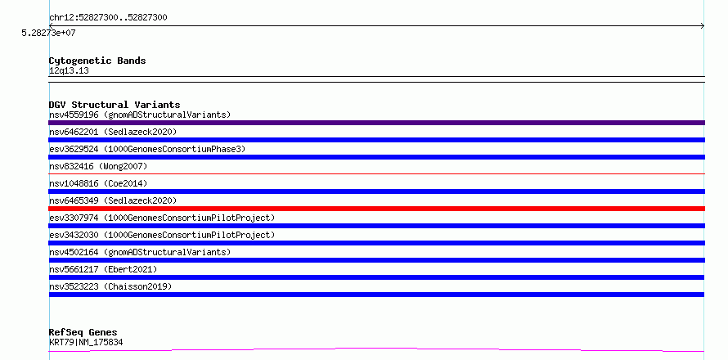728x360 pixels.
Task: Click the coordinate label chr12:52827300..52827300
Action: pos(108,18)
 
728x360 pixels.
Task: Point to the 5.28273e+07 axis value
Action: pos(49,33)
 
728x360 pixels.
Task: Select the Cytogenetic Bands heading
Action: pos(97,61)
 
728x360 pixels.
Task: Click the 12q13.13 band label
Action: pos(69,71)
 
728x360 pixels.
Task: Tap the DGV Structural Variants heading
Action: pos(115,105)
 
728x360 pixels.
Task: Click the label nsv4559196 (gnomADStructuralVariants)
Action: pos(140,115)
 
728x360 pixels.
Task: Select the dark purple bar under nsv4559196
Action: pos(376,123)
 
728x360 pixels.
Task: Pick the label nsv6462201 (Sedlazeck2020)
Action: pos(113,132)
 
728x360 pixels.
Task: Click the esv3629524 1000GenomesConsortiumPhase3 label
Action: pos(147,149)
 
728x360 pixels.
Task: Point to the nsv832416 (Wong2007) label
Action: pos(98,166)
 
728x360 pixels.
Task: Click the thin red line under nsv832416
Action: pos(376,174)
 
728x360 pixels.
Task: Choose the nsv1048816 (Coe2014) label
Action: pos(98,183)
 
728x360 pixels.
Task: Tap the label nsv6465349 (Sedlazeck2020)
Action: pos(113,200)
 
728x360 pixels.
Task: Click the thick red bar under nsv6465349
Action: pos(376,209)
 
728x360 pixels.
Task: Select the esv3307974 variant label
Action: pos(162,218)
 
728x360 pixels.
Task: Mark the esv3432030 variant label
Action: pos(162,235)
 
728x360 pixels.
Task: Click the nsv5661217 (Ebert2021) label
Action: pos(103,269)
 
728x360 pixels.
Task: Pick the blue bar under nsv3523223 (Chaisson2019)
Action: pos(376,295)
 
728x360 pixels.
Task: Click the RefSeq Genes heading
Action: pos(83,333)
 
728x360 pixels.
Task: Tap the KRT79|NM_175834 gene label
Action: pos(86,343)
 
